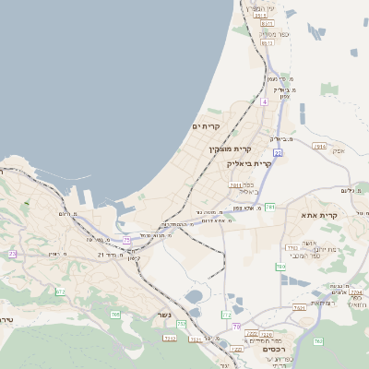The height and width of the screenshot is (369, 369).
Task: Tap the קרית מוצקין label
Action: point(230,148)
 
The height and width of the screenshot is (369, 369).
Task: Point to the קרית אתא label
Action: point(320,215)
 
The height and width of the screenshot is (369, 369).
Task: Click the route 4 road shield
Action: point(263,101)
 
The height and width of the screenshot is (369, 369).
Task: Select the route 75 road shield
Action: point(126,239)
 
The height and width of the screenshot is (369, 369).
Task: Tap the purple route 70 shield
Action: point(236,327)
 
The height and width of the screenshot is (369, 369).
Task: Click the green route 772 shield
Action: point(226,315)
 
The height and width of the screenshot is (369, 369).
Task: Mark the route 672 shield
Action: point(60,292)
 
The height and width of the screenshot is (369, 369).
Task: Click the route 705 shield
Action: point(115,315)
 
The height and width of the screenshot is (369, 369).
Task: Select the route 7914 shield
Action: point(320,146)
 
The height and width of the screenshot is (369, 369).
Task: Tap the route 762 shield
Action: point(317,341)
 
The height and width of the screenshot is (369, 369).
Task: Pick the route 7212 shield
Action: point(170,338)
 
